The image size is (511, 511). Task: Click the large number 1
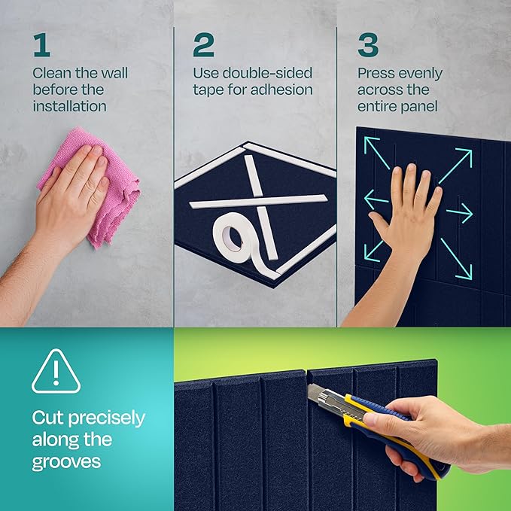pos(41,45)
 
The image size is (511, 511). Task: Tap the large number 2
pos(203,45)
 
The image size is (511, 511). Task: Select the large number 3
pos(368,45)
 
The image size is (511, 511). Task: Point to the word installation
pos(69,106)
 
